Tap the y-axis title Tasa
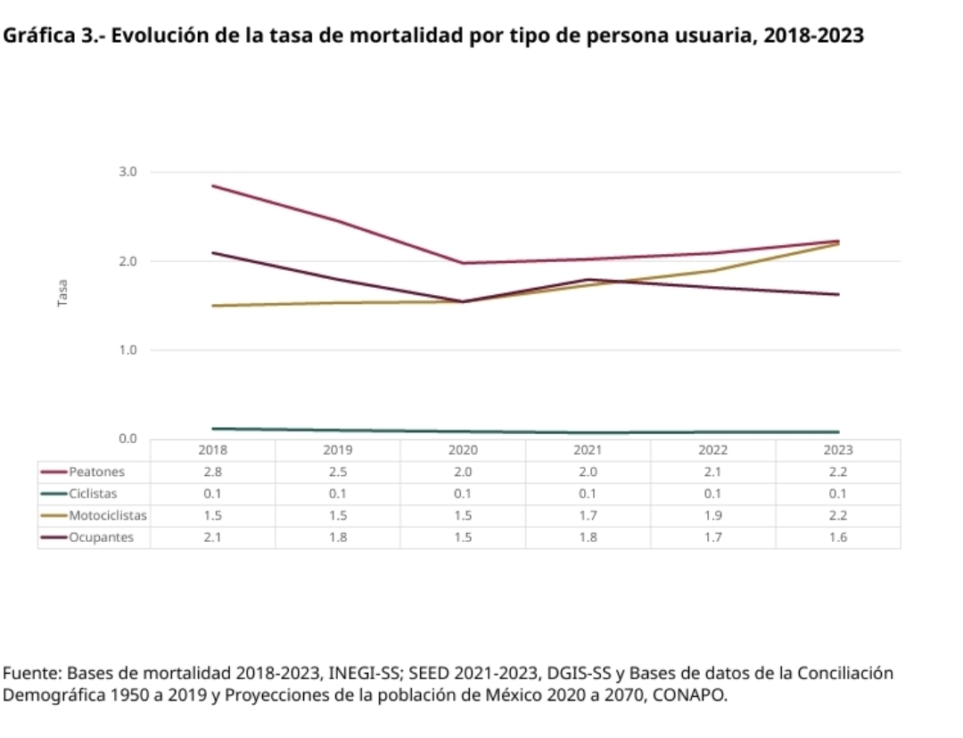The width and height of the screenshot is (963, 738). tap(62, 295)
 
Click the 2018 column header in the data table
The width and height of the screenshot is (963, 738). tap(212, 450)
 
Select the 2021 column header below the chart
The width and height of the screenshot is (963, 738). tap(588, 450)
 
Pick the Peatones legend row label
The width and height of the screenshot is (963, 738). tap(97, 471)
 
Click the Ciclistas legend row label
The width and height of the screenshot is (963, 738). tap(94, 493)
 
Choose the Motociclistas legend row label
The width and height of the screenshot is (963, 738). tap(108, 515)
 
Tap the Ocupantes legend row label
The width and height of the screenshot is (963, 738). tap(102, 537)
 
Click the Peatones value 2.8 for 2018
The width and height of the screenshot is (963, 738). tap(212, 471)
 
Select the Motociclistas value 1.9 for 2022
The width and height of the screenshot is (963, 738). tap(713, 515)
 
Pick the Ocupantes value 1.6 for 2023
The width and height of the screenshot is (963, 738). tap(838, 537)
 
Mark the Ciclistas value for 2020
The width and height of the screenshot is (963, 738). tap(463, 493)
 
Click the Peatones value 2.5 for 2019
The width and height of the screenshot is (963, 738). tap(337, 471)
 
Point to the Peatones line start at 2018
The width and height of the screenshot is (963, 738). tap(213, 185)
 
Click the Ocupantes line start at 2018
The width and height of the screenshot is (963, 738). tap(213, 253)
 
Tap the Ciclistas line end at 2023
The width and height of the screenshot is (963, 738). tap(838, 432)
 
